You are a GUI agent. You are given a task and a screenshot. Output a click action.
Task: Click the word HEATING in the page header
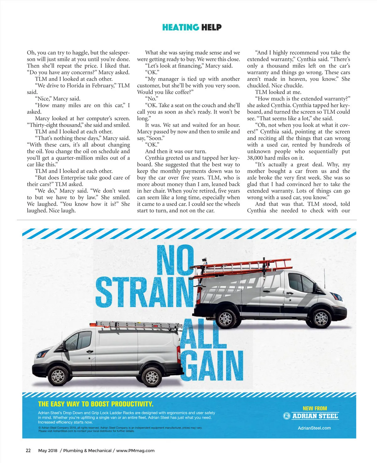(181, 27)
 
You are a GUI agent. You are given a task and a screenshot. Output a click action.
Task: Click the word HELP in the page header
(211, 27)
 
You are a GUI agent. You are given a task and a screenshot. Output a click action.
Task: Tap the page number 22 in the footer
(28, 450)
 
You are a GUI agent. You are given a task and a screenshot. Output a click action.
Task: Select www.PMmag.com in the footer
(135, 450)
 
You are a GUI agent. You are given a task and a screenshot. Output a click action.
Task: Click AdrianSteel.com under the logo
(314, 428)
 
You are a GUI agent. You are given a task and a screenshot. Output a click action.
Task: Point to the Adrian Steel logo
(311, 416)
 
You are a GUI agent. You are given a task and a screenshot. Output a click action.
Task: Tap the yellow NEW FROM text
(315, 408)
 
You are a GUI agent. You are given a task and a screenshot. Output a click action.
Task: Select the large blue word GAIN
(212, 365)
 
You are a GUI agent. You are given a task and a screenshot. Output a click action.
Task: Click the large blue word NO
(175, 260)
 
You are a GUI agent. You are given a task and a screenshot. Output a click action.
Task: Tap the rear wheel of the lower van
(152, 377)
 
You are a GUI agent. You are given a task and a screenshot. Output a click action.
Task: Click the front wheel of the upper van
(321, 318)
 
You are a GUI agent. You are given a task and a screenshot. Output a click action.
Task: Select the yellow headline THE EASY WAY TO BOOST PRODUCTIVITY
(96, 404)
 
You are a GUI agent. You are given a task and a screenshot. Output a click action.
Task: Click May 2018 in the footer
(48, 450)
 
